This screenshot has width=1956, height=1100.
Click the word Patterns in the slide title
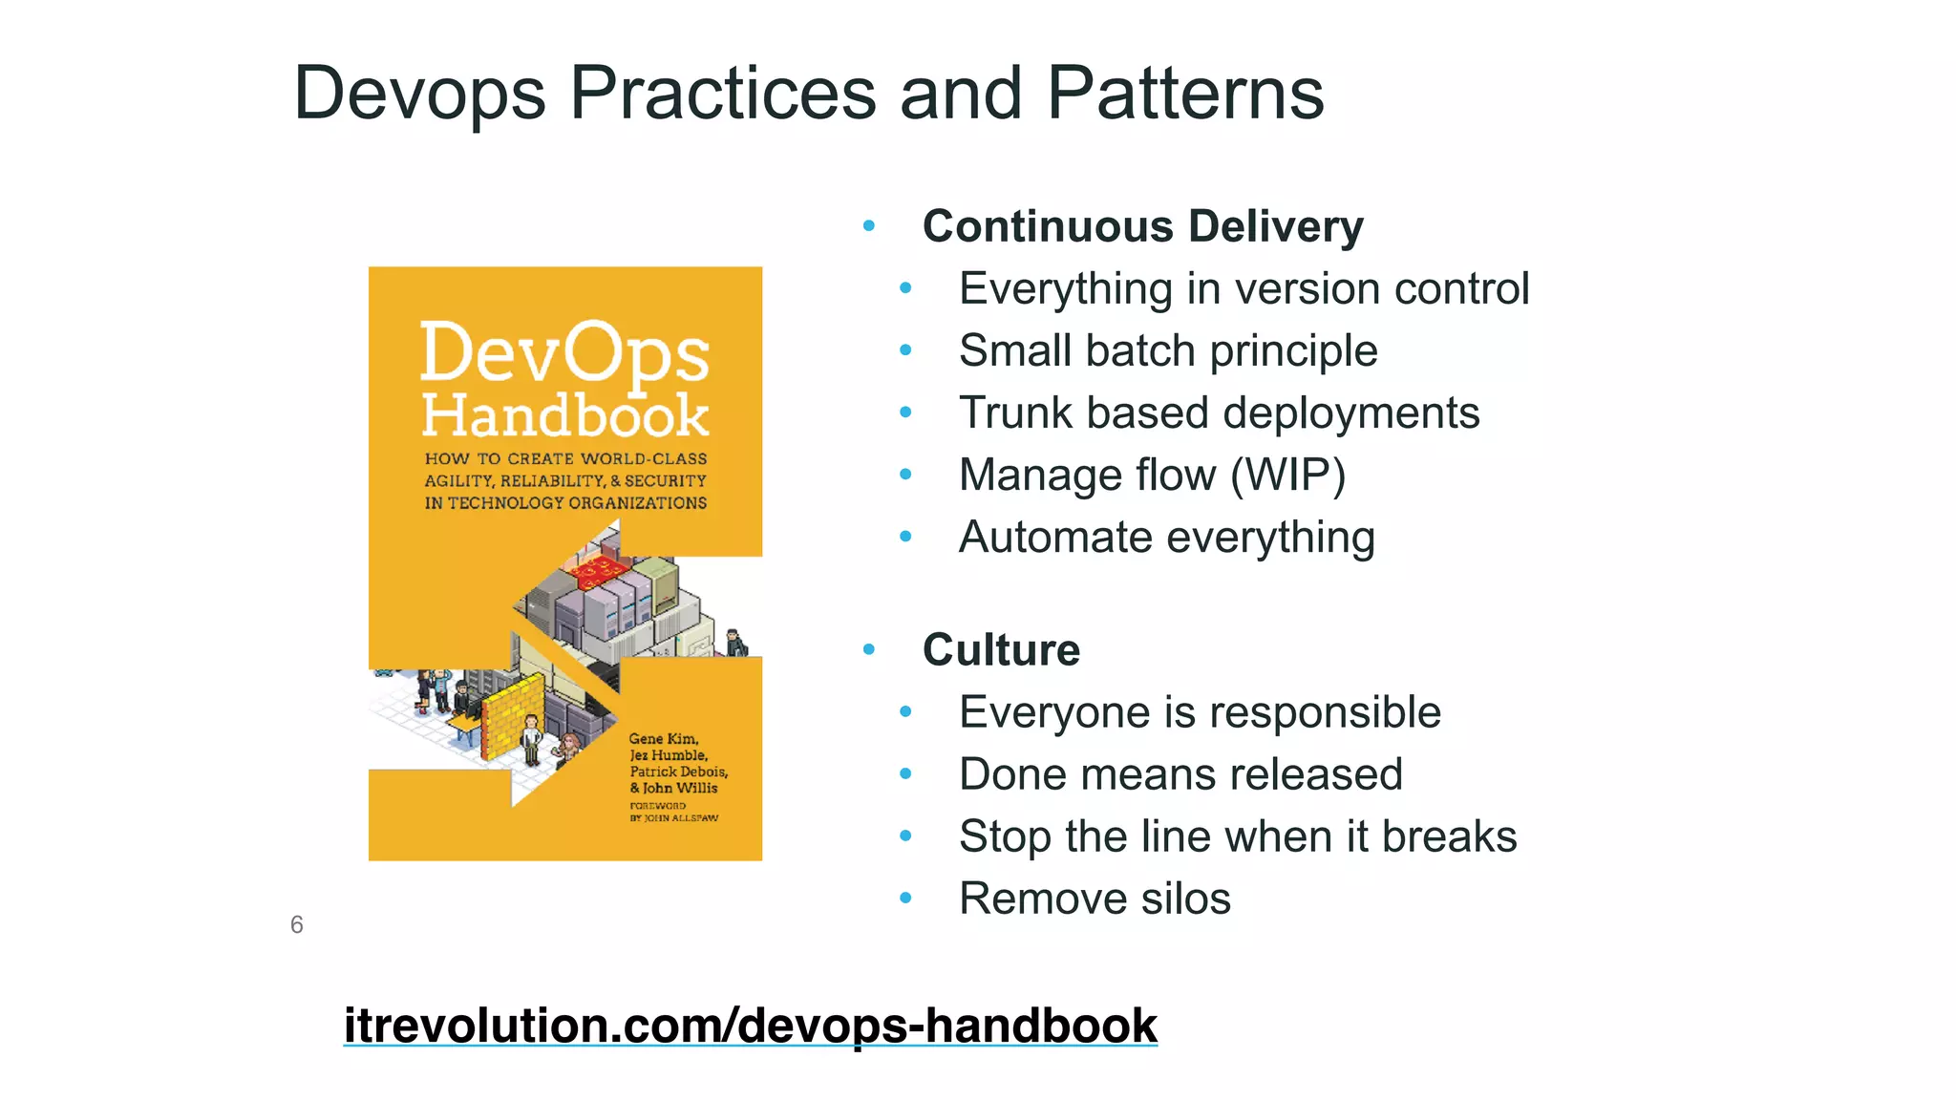(x=1184, y=94)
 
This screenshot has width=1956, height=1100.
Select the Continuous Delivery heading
(x=1142, y=227)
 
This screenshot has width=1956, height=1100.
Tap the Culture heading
(x=1001, y=650)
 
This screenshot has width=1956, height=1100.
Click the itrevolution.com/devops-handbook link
(x=750, y=1026)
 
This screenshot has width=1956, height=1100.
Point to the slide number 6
(x=297, y=924)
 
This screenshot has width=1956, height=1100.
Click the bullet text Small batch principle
(x=1167, y=351)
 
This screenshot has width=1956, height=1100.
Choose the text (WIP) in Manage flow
(x=1288, y=476)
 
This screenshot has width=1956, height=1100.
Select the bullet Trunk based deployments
(x=1219, y=413)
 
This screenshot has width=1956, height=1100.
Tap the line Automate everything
(x=1166, y=538)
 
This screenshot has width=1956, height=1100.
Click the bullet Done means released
(x=1180, y=774)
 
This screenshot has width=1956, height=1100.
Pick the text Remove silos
(x=1095, y=899)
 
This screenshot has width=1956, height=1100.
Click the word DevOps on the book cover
(x=564, y=353)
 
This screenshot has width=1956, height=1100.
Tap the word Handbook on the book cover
(x=564, y=416)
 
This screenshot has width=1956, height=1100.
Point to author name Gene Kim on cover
(x=663, y=738)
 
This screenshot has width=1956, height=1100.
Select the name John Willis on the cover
(x=679, y=788)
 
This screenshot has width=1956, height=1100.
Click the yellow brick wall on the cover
(x=512, y=716)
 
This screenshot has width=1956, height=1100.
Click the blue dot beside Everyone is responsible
(x=905, y=711)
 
